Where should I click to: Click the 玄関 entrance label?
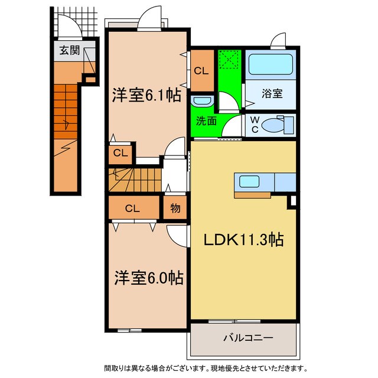69,50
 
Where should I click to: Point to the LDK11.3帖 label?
243,240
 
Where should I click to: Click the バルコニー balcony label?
247,339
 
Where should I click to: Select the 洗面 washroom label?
206,121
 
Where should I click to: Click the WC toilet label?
255,124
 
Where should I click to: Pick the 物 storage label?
175,208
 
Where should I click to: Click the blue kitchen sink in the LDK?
248,181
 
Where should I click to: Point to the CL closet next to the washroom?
201,70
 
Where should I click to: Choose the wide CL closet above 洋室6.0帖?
132,208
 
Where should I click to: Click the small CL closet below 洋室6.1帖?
120,154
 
